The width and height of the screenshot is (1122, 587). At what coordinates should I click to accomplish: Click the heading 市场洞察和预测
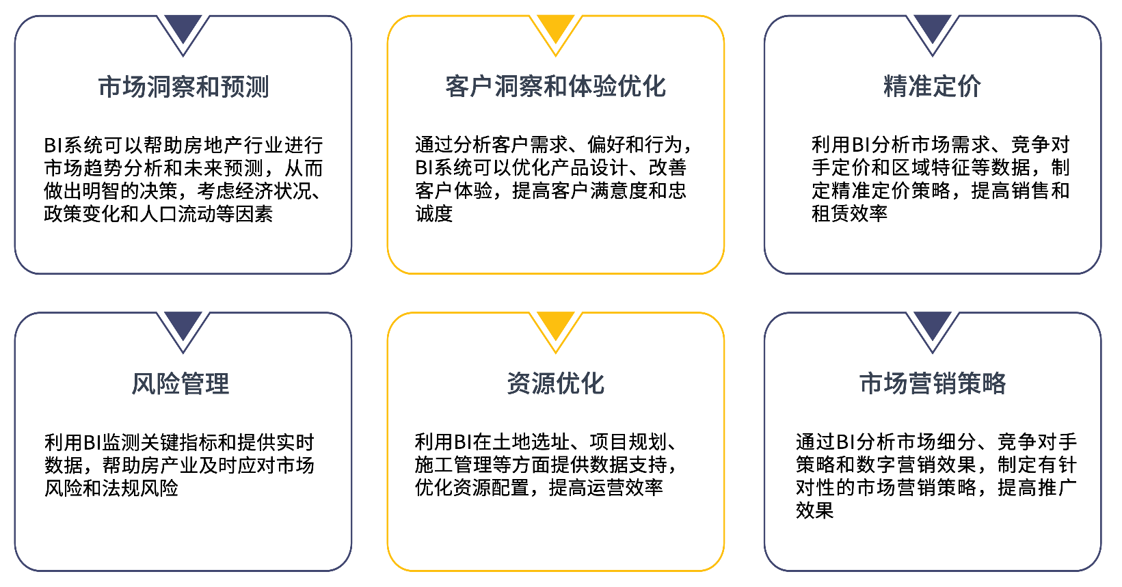pos(183,87)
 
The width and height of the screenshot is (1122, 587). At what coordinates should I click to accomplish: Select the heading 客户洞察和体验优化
pos(555,87)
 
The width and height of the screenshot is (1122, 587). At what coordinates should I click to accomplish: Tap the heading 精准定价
pos(932,87)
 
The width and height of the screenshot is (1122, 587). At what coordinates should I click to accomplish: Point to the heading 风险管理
pos(181,384)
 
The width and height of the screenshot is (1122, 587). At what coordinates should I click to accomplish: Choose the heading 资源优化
pos(555,384)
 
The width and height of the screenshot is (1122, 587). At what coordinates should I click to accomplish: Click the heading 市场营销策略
pos(933,384)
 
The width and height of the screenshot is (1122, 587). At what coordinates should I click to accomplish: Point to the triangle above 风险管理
pos(183,325)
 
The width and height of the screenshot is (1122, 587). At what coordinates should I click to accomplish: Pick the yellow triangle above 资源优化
pos(556,325)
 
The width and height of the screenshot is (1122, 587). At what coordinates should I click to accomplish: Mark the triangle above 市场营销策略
pos(933,325)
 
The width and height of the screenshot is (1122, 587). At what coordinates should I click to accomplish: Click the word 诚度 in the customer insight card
pos(434,214)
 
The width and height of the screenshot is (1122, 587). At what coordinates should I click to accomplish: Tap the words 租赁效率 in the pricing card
pos(849,214)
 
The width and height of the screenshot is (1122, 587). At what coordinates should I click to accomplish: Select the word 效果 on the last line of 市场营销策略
pos(814,510)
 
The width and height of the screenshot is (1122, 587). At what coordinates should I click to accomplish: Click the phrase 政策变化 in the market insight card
pos(82,214)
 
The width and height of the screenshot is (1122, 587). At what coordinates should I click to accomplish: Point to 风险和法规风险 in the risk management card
pos(111,488)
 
